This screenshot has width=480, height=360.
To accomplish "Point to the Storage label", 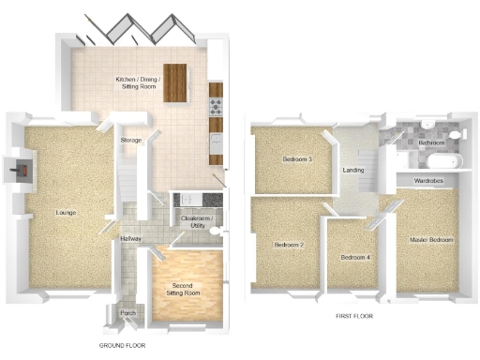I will coord(130,141).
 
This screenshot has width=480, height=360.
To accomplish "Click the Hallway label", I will coord(130,238).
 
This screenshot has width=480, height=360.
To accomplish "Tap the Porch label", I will coord(127,313).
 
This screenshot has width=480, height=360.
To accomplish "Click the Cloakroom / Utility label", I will coord(197,222).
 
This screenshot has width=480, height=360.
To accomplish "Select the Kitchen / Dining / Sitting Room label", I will coord(138,83).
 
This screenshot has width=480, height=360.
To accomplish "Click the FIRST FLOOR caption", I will coord(354,317).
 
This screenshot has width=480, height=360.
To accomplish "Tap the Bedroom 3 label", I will coord(297,159).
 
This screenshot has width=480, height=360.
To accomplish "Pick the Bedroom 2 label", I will coord(288,246).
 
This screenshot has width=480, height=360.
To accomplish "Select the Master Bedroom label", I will coord(431,241).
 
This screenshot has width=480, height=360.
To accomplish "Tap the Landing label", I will coord(353,171).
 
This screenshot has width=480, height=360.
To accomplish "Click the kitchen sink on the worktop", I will coord(216,141).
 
